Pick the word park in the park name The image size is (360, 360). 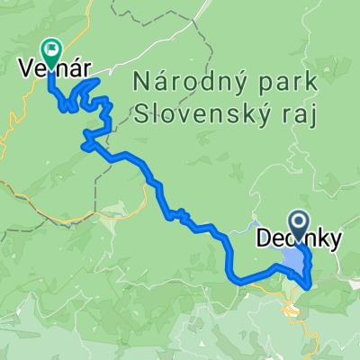pyautogui.click(x=289, y=83)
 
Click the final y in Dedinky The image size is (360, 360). pyautogui.click(x=335, y=241)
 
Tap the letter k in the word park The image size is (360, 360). pyautogui.click(x=311, y=83)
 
